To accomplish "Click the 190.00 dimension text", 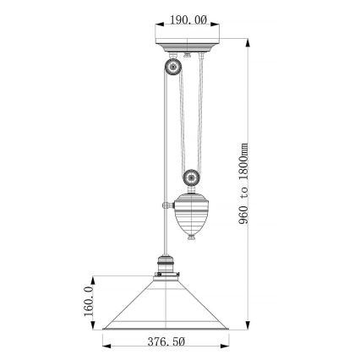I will (188, 20).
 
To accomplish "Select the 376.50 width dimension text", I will (166, 342).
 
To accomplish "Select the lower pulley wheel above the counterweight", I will (192, 179).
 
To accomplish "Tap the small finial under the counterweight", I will (193, 238).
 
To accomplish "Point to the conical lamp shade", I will (166, 308).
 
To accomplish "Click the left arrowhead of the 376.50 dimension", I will (106, 344).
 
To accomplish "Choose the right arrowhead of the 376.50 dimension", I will (227, 344).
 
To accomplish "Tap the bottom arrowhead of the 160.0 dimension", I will (93, 327).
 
